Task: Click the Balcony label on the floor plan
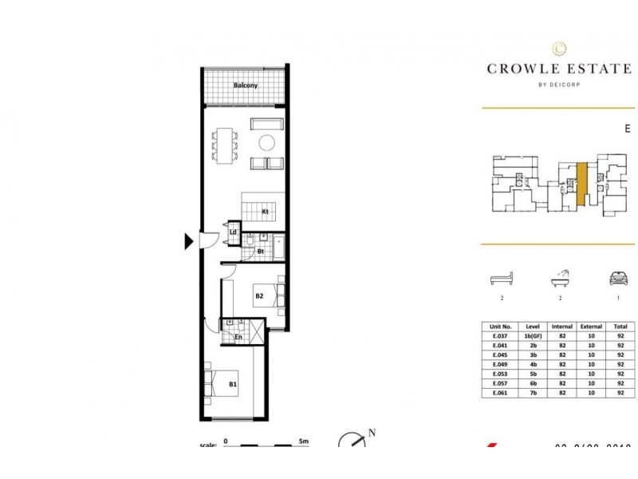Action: click(x=245, y=85)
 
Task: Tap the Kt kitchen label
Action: click(x=265, y=211)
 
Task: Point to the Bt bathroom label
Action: click(x=260, y=251)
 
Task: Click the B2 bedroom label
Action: click(x=259, y=297)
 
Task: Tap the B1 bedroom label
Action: click(x=234, y=385)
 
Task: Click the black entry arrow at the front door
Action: click(x=189, y=240)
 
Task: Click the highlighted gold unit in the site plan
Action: click(x=582, y=183)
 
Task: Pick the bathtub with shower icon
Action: click(x=561, y=279)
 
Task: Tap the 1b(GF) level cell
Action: click(x=533, y=336)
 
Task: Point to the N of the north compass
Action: click(x=371, y=434)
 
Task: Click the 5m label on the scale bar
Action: click(x=303, y=440)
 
